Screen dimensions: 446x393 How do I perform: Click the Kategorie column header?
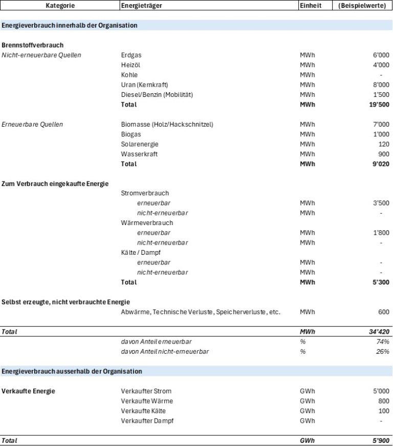[60, 5]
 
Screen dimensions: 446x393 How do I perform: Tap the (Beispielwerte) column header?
[362, 5]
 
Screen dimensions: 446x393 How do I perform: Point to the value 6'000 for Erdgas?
[381, 55]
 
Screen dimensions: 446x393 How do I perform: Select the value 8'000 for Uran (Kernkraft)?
[381, 85]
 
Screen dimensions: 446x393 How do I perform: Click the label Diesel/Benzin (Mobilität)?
[157, 95]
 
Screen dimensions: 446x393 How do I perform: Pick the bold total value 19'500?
[379, 105]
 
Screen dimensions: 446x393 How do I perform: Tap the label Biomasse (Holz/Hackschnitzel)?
[167, 125]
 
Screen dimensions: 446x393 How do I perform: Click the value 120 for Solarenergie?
[384, 145]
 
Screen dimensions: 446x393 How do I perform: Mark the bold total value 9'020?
[381, 164]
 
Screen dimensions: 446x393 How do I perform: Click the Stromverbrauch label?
[145, 193]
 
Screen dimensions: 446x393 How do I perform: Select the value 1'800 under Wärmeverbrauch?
[381, 233]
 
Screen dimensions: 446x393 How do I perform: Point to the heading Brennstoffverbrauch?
[32, 45]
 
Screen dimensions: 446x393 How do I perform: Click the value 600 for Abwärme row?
[384, 312]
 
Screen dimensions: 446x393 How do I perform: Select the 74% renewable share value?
[383, 341]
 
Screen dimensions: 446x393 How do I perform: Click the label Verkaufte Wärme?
[147, 401]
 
